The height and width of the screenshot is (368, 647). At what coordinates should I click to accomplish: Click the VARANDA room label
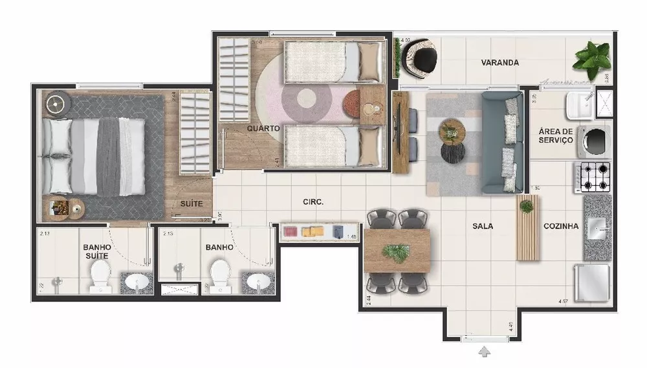(500, 63)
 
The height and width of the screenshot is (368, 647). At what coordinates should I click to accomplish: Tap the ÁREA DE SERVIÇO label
(555, 135)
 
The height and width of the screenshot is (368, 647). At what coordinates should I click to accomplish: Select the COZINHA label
(560, 226)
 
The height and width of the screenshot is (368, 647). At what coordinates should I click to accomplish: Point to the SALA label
(483, 226)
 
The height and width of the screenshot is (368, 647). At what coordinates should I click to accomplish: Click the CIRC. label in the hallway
(313, 201)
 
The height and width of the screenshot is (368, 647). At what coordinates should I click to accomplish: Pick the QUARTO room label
(263, 128)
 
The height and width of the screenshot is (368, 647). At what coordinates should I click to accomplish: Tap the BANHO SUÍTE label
(97, 251)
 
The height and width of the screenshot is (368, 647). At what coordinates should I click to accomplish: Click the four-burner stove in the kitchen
(593, 176)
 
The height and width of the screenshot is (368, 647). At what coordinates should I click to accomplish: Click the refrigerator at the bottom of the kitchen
(592, 282)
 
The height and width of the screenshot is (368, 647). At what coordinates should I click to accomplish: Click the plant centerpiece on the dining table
(396, 252)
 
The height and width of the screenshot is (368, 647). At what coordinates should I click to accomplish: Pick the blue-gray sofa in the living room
(503, 143)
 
